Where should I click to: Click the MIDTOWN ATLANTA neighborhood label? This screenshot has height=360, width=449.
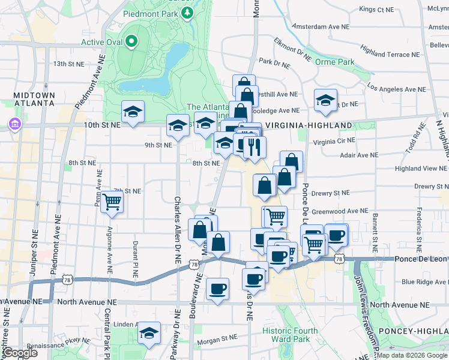[31, 99]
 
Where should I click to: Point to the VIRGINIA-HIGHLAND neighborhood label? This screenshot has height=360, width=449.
[308, 125]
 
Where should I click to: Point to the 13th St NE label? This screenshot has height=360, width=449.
[67, 63]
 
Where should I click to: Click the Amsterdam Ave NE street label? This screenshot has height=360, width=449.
[321, 26]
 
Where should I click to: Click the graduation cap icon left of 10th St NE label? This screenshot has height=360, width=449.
[133, 111]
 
